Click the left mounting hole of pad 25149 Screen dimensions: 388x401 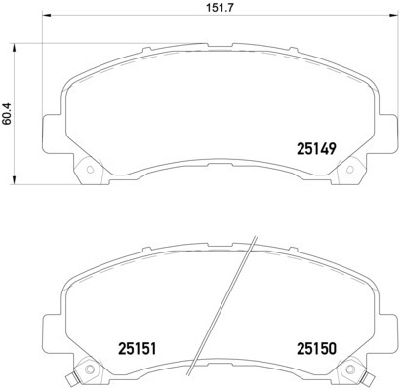(x=90, y=172)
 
